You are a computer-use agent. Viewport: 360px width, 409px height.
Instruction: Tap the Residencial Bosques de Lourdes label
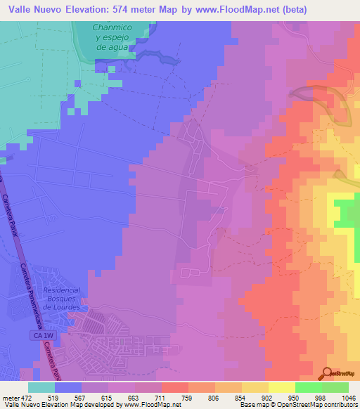(x=61, y=298)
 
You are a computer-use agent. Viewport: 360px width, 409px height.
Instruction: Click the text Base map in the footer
(x=251, y=405)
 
